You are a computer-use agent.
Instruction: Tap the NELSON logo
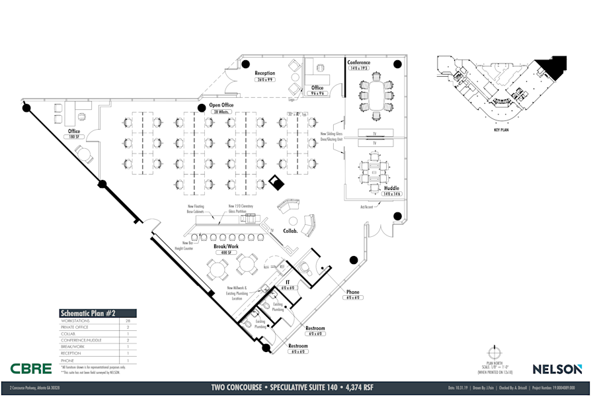[x=557, y=369]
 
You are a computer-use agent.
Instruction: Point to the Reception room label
[x=264, y=73]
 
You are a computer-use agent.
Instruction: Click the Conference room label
[x=360, y=63]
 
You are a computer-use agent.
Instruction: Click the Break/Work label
[x=225, y=246]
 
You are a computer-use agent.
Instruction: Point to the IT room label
[x=288, y=282]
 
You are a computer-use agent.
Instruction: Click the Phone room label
[x=353, y=292]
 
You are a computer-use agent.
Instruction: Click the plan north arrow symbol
[x=492, y=353]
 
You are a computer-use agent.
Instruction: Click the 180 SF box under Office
[x=74, y=136]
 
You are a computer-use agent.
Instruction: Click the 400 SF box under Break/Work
[x=225, y=253]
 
